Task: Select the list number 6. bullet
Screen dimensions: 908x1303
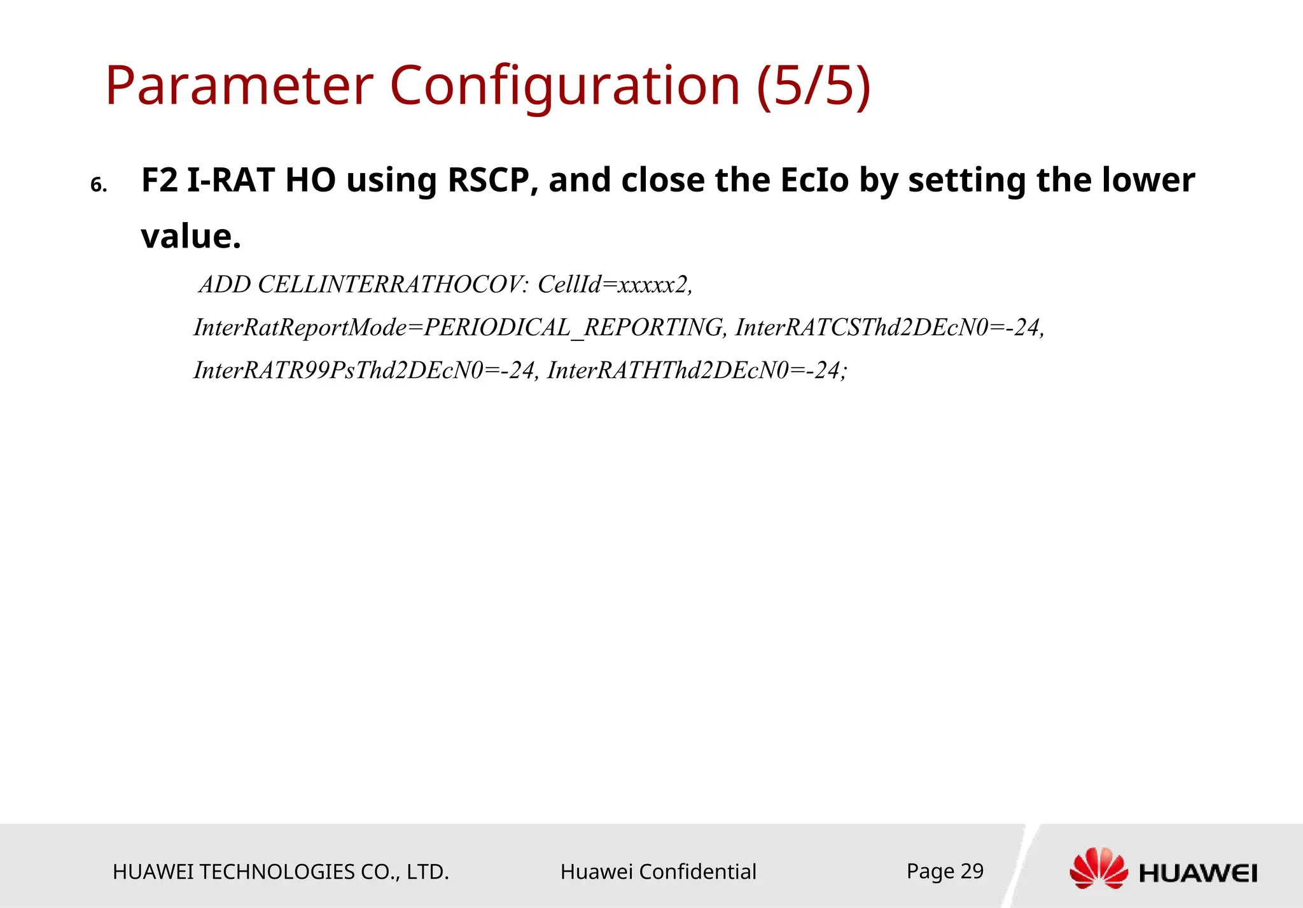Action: point(99,186)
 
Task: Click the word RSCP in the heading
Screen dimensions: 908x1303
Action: point(489,180)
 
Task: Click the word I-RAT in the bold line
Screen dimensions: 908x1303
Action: point(230,180)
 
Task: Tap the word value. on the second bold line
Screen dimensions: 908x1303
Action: point(191,236)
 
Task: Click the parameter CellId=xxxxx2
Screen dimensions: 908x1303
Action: point(615,284)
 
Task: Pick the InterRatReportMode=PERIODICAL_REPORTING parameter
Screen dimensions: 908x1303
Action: point(459,328)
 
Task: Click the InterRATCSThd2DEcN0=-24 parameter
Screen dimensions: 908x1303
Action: point(889,328)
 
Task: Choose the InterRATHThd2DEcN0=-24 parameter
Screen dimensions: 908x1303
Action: point(697,370)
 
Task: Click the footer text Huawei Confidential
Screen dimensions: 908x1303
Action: point(658,872)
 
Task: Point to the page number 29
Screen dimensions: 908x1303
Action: point(972,871)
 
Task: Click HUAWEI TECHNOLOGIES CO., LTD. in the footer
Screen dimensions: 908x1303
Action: point(281,872)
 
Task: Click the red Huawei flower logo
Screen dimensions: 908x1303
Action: point(1099,868)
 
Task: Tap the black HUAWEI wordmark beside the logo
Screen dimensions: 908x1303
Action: point(1198,874)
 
